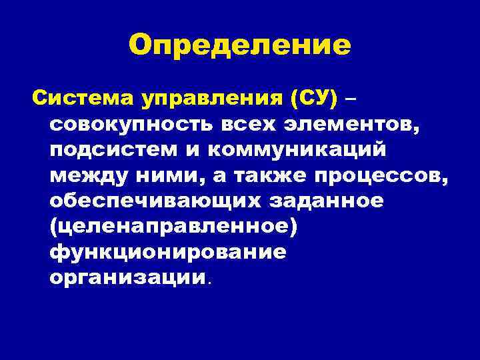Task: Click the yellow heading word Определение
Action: point(240,45)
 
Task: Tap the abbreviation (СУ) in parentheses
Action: point(314,101)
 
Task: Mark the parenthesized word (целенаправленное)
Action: point(173,227)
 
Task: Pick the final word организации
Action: point(125,279)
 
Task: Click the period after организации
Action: point(209,283)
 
